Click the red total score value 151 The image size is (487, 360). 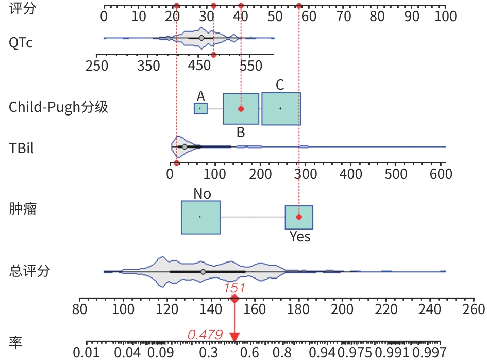coord(234,288)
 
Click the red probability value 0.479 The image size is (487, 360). coord(205,335)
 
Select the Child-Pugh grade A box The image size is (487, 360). coord(200,108)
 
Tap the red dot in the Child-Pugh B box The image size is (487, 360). coord(241,109)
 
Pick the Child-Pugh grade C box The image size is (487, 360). coord(281,108)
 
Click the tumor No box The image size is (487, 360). coord(200,217)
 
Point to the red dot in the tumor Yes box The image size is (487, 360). coord(299,217)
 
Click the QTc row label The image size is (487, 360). coord(21,43)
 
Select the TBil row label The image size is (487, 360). coord(22,148)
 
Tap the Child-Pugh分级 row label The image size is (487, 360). coord(58,107)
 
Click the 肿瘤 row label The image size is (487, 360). coord(23,209)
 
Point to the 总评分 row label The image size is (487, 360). coord(29,270)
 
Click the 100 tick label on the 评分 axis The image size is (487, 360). coord(445,17)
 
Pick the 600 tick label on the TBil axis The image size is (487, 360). coord(441,174)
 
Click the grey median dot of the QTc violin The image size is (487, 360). coord(201,38)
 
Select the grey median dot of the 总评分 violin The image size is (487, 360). coord(203,272)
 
